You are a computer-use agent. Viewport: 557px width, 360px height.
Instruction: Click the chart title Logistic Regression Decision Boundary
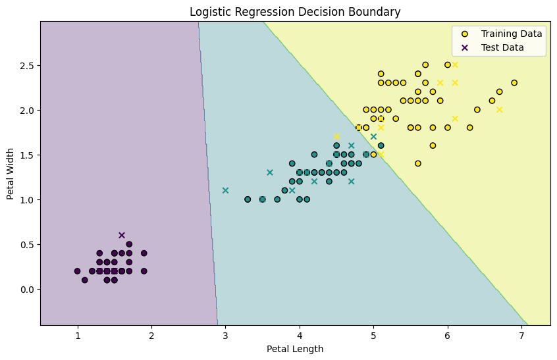click(x=295, y=11)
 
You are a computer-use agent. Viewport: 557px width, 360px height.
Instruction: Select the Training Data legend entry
click(x=511, y=34)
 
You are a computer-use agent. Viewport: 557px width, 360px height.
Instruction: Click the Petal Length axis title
click(x=295, y=349)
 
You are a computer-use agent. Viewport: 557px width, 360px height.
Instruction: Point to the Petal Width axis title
click(x=11, y=173)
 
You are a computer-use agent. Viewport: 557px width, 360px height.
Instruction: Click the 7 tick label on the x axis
click(x=521, y=335)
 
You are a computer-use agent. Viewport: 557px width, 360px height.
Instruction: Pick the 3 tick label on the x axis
click(x=225, y=335)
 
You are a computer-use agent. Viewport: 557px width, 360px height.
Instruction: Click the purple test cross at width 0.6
click(x=122, y=235)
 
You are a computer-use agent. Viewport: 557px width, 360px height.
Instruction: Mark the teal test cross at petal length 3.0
click(x=225, y=190)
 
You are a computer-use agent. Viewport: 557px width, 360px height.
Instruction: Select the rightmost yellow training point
click(x=514, y=83)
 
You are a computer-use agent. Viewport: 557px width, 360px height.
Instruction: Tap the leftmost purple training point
click(x=77, y=270)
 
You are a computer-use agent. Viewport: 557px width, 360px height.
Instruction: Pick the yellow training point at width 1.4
click(x=418, y=163)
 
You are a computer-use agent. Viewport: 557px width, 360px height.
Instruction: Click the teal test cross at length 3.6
click(x=270, y=172)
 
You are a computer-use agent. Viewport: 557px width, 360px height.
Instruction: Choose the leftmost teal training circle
click(x=248, y=199)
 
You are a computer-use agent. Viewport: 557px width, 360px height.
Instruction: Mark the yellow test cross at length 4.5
click(x=336, y=136)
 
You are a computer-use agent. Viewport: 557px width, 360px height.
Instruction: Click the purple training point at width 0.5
click(x=129, y=244)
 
